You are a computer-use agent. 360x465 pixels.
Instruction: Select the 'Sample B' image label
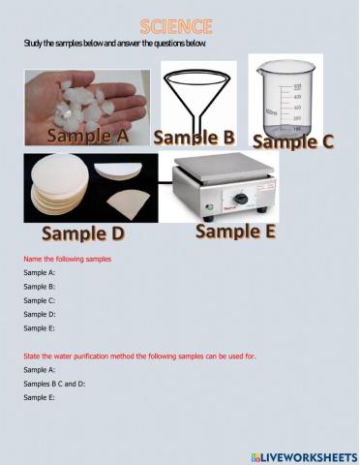[194, 136]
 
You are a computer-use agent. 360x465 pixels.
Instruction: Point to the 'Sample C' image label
[293, 141]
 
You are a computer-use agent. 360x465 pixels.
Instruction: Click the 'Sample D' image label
[82, 233]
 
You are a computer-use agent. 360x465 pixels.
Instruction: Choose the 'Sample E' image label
[235, 231]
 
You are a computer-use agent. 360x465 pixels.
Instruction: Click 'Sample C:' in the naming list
[40, 300]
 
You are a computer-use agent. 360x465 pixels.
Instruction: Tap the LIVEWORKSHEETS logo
[303, 455]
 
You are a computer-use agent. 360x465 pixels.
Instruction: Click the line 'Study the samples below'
[114, 45]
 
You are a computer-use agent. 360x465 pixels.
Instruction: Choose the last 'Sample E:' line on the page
[40, 397]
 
